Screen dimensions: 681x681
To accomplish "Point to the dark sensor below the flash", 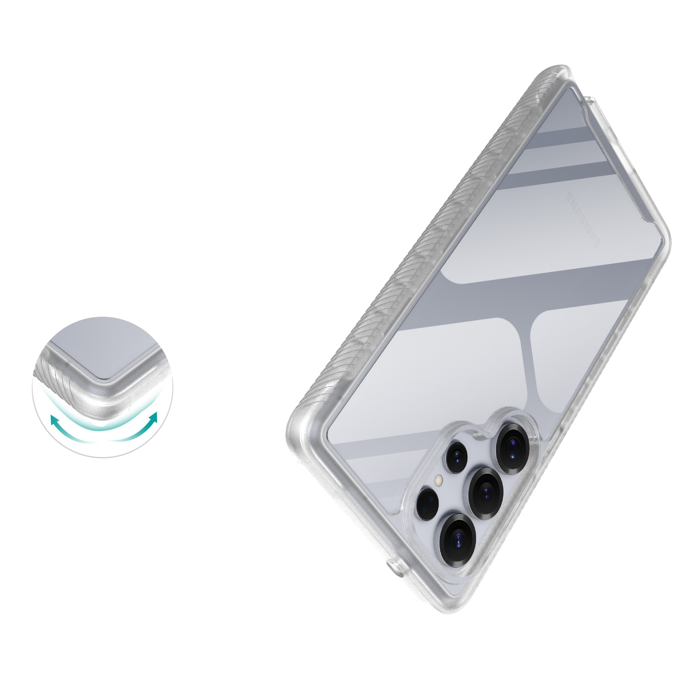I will click(427, 503).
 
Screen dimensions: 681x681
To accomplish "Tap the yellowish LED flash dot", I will click(439, 480).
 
